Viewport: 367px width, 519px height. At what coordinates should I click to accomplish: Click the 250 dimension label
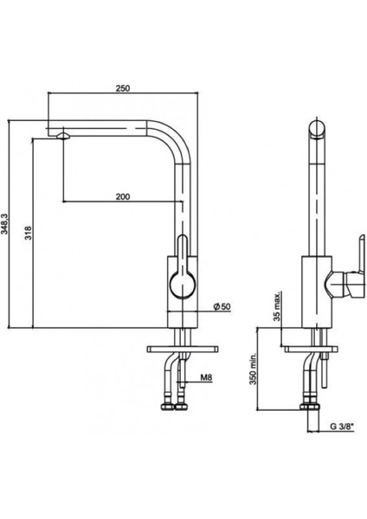pos(123,88)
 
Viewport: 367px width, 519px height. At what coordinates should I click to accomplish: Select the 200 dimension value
pos(123,196)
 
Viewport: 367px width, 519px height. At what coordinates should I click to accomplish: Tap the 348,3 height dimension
pos(5,224)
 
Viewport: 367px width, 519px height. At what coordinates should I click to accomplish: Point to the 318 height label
pos(29,233)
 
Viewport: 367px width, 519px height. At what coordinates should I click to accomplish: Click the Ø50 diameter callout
pos(222,307)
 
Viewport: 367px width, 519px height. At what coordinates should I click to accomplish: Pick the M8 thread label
pos(206,377)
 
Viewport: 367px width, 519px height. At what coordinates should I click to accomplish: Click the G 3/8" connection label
pos(342,426)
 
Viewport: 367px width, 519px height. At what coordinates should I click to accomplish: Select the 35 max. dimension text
pos(277,306)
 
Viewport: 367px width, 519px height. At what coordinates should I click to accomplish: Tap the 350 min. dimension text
pos(254,368)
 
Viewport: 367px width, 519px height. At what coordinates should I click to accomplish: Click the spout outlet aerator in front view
pos(63,136)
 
